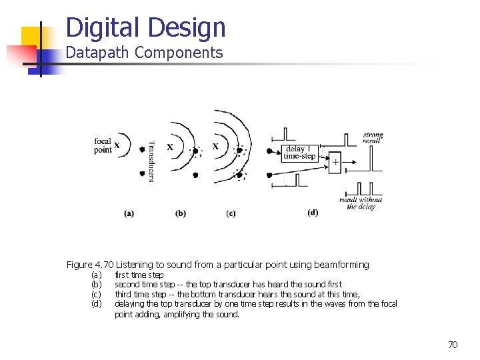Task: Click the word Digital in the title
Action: (x=105, y=28)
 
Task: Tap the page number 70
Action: (x=453, y=345)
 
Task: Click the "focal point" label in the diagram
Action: (x=103, y=145)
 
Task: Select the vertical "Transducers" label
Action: (x=151, y=160)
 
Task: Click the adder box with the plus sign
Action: (x=335, y=162)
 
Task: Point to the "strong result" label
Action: (x=372, y=138)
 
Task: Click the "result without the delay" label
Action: (x=361, y=203)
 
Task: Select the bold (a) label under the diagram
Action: (x=129, y=213)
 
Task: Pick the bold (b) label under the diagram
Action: (x=181, y=213)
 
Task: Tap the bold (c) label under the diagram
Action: (x=231, y=213)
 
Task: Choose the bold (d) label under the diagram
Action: (x=313, y=213)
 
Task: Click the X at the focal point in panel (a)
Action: (x=117, y=145)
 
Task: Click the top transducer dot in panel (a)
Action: (x=142, y=149)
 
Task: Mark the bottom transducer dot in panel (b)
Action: (x=195, y=175)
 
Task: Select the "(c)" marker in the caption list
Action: (x=96, y=294)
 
